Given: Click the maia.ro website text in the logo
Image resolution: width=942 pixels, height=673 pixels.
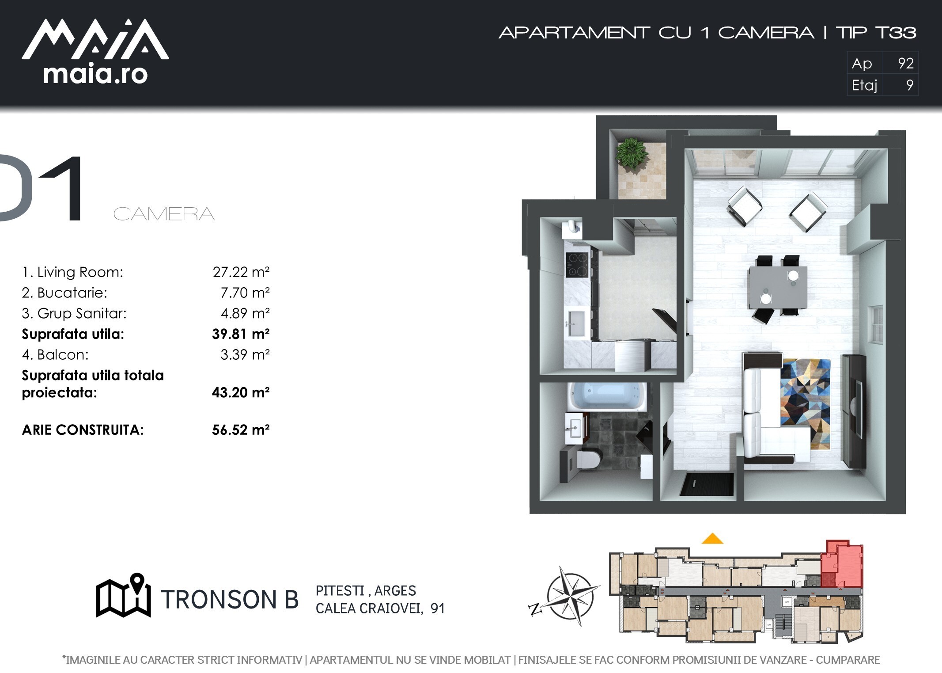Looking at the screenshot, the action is (95, 74).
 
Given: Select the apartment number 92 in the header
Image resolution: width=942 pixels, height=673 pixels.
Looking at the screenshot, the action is (906, 63).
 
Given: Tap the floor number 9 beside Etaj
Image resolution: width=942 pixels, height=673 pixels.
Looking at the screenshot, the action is (910, 85).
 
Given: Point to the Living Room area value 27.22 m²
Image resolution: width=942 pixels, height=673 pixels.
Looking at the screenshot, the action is (241, 272).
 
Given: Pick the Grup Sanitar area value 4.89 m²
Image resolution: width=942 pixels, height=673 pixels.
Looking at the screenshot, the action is (245, 313).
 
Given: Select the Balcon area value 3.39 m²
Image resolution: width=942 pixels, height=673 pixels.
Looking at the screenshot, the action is (245, 354).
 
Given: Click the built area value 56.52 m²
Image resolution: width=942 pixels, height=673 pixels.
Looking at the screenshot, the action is (241, 430).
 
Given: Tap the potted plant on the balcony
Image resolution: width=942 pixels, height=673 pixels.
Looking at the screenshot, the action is (633, 153).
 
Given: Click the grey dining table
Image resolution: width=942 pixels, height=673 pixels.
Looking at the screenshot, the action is (778, 287).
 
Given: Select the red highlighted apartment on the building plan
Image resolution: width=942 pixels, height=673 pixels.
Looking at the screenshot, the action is (842, 564).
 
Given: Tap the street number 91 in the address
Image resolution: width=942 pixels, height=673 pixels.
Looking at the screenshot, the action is (438, 608).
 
